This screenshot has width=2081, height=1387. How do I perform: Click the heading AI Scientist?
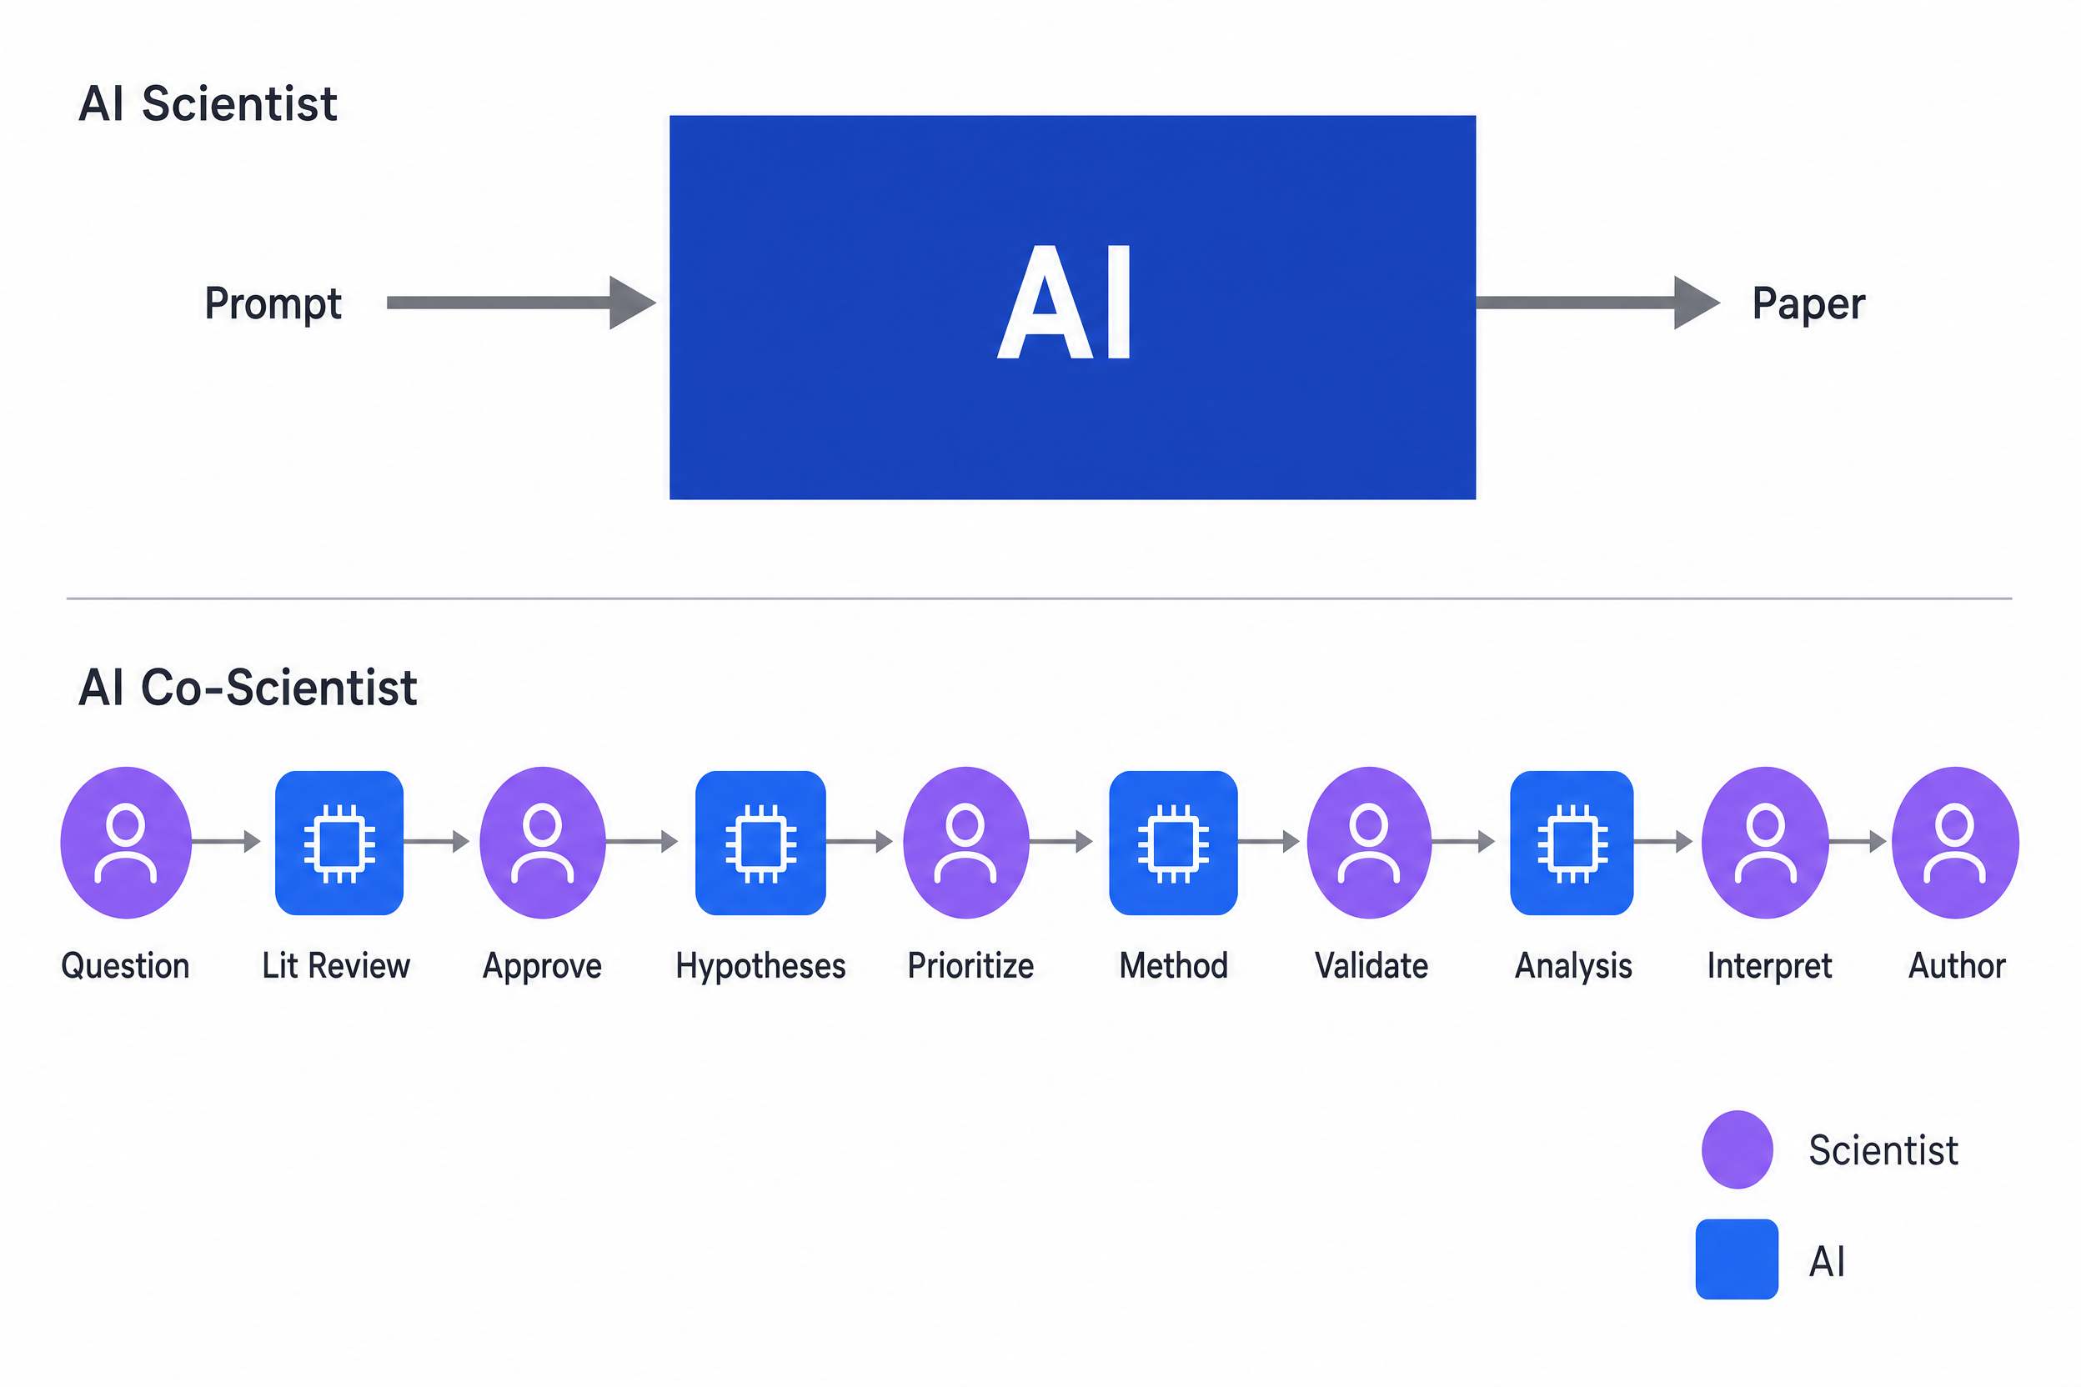tap(208, 103)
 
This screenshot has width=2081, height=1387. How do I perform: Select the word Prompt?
tap(273, 303)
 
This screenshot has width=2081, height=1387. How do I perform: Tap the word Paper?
tap(1808, 303)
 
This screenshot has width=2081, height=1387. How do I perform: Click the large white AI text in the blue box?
tap(1065, 303)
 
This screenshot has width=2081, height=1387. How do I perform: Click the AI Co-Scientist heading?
tap(248, 688)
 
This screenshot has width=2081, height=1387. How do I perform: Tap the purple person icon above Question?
tap(126, 842)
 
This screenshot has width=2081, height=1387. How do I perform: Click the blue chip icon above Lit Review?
tap(338, 842)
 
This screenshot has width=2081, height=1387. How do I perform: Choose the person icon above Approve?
tap(543, 842)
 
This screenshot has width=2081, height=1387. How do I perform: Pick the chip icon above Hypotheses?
tap(760, 842)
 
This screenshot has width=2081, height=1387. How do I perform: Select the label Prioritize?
tap(970, 965)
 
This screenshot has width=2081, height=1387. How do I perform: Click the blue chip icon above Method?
tap(1173, 842)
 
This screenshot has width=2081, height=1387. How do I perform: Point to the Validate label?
tap(1371, 965)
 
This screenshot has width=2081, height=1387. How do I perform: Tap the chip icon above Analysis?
tap(1572, 842)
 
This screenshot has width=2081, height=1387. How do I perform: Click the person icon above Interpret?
tap(1765, 842)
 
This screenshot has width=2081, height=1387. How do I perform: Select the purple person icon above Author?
tap(1955, 842)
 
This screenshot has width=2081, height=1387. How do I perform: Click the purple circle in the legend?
tap(1737, 1149)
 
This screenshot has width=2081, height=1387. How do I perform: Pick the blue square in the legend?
tap(1736, 1259)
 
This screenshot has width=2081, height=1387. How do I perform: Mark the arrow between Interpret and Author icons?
tap(1858, 841)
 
